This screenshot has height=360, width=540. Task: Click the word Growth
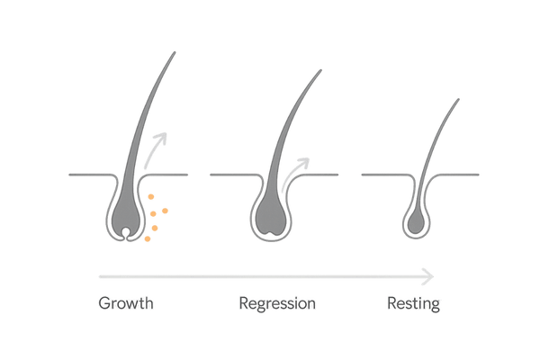point(126,303)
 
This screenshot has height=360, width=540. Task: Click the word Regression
point(277,303)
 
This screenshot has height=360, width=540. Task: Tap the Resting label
point(412,303)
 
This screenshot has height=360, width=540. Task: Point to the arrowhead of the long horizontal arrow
point(431,274)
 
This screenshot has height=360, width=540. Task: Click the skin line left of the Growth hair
point(85,173)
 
